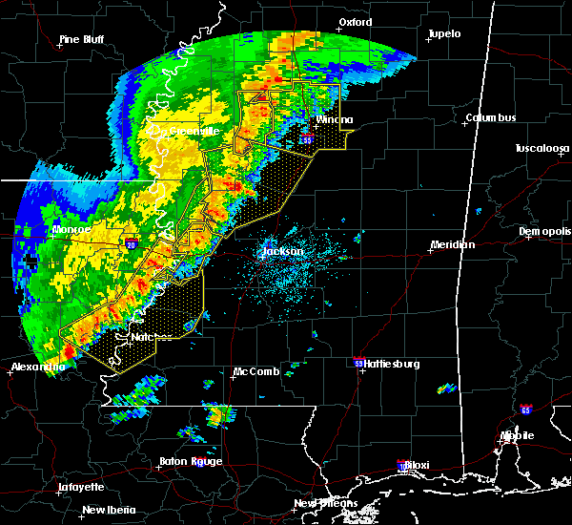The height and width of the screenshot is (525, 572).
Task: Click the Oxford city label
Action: [356, 23]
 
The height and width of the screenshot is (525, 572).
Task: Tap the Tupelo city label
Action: [443, 33]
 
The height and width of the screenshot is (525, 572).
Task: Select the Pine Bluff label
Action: [81, 39]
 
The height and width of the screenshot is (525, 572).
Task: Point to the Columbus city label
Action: [491, 118]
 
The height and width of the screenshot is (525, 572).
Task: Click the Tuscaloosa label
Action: [541, 149]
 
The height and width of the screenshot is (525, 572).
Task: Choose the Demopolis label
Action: [544, 232]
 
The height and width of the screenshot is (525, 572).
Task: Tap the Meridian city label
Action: [452, 245]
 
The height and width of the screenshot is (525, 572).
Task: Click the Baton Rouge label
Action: [191, 461]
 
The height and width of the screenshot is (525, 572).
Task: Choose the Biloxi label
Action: [415, 466]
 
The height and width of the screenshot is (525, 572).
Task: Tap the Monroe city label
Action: [71, 230]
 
